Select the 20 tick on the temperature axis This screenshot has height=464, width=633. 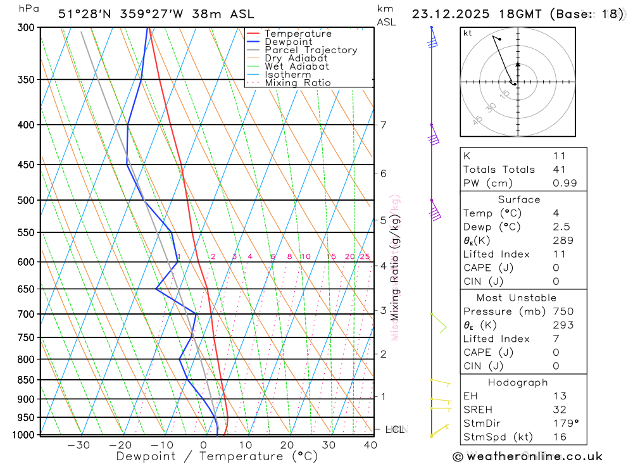(x=287, y=445)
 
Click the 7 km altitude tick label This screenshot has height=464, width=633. (x=384, y=125)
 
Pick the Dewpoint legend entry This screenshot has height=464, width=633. (x=289, y=42)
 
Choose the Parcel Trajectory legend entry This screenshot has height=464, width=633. (x=311, y=50)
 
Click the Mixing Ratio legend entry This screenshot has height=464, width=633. (x=298, y=83)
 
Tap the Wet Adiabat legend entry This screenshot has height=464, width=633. (x=297, y=66)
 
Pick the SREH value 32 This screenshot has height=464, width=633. (x=560, y=410)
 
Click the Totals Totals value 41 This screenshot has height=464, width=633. (x=559, y=170)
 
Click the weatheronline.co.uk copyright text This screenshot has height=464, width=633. (x=527, y=456)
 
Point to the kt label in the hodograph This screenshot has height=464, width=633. (x=468, y=34)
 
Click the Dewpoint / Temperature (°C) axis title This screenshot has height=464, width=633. (x=217, y=456)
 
